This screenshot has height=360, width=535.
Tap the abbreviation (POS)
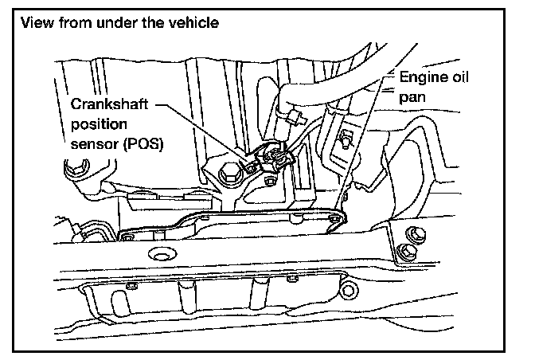tap(143, 145)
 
